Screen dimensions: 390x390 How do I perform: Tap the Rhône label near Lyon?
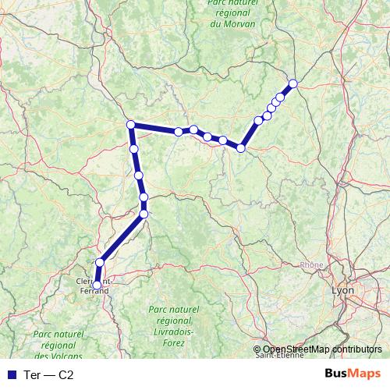click(311, 265)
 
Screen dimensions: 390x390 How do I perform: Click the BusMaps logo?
click(353, 374)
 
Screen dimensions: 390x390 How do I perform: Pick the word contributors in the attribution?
click(355, 349)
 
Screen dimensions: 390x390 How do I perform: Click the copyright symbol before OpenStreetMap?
click(257, 349)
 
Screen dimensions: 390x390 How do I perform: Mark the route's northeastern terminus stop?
click(293, 83)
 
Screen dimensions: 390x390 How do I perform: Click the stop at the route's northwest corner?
click(131, 125)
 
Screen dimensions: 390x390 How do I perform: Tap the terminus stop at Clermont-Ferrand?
click(97, 285)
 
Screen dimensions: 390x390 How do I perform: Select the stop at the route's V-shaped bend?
click(242, 147)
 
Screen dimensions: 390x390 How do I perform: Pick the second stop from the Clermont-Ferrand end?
click(99, 263)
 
